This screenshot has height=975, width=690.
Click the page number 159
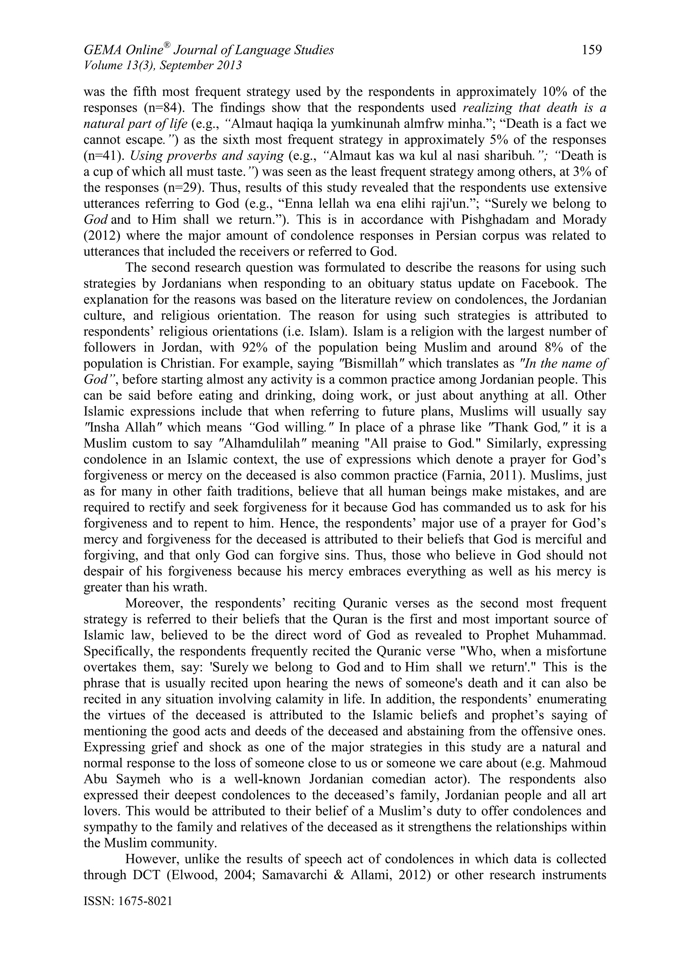(592, 50)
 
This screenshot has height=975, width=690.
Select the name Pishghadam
(490, 220)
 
